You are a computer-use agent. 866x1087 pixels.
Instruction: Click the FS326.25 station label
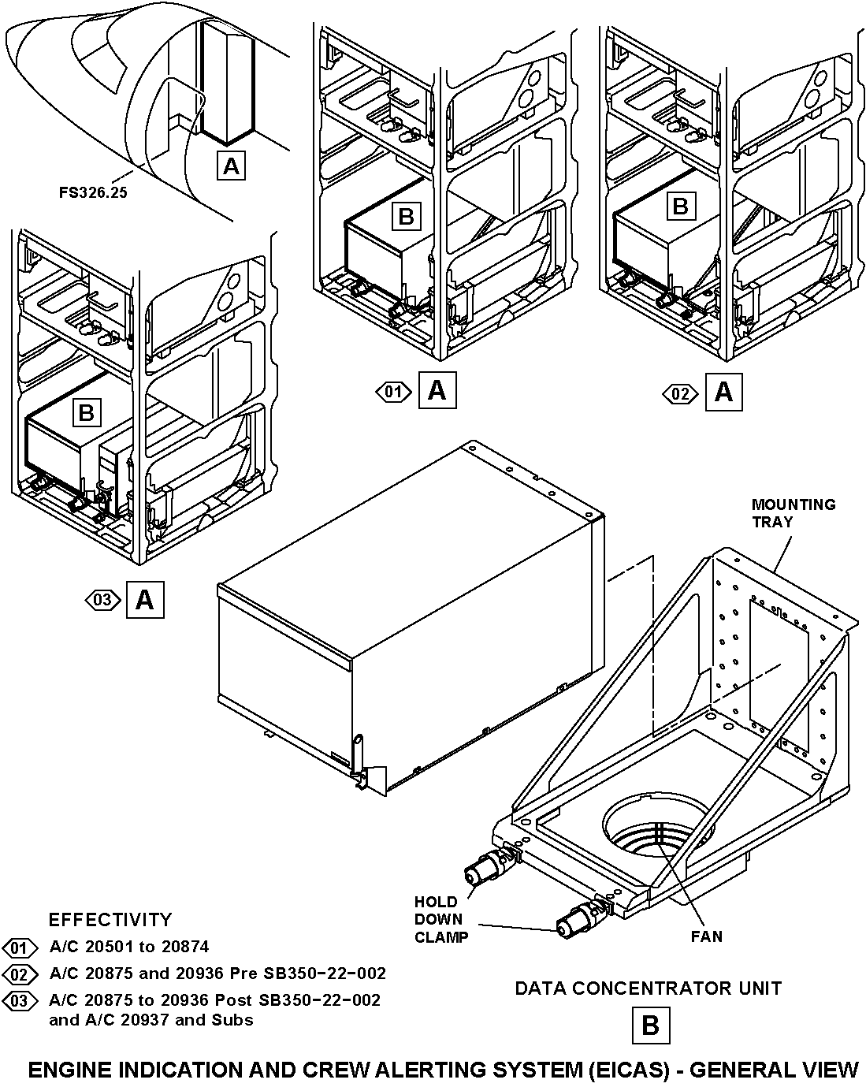[92, 192]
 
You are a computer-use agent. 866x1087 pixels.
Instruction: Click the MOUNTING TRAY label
[793, 512]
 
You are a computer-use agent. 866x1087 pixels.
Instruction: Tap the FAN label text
[706, 936]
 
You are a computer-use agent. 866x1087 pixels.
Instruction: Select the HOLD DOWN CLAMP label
[440, 919]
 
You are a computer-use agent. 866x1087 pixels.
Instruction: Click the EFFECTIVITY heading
[110, 919]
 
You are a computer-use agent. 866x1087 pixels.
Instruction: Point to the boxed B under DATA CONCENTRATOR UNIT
[650, 1026]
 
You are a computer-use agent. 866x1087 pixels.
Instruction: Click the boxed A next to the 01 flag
[437, 391]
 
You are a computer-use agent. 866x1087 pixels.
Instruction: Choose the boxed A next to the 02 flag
[723, 391]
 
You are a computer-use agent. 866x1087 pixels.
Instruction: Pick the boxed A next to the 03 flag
[144, 601]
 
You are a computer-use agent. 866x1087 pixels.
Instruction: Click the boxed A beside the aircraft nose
[231, 166]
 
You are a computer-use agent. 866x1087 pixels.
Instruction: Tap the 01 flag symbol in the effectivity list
[20, 947]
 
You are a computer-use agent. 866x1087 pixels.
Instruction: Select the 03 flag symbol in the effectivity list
[20, 1001]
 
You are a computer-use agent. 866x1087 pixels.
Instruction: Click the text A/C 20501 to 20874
[129, 947]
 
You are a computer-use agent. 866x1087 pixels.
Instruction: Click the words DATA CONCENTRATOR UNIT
[648, 988]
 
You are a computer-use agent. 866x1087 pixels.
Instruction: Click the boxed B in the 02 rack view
[681, 207]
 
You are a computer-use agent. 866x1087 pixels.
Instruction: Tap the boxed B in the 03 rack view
[86, 411]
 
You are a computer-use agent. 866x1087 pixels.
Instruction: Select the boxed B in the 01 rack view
[406, 215]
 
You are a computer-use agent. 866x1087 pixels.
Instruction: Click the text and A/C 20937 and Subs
[151, 1020]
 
